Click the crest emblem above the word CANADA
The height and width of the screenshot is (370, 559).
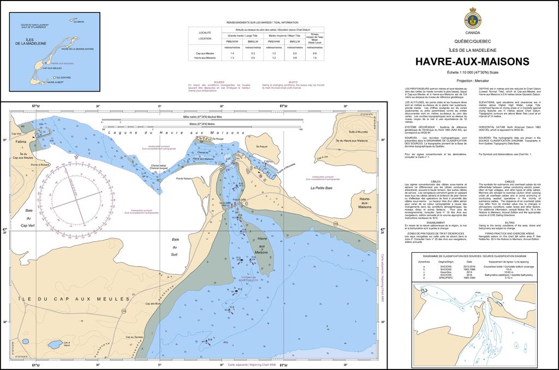pos(472,19)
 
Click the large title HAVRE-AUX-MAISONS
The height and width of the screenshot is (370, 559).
pos(472,62)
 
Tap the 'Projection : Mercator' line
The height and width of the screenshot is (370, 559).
pos(472,80)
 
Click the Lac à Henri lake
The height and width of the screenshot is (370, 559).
pos(55,344)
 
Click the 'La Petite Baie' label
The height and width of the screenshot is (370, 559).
pos(320,188)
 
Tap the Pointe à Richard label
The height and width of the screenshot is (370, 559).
pos(40,164)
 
